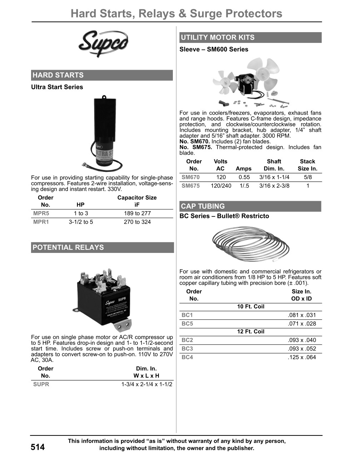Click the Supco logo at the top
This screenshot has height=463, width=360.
tap(103, 44)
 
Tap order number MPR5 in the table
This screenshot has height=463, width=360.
tap(41, 213)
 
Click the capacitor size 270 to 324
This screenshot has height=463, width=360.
tap(137, 222)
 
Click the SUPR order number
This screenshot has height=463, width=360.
tap(41, 384)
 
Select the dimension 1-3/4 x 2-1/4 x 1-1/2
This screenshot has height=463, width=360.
tap(147, 384)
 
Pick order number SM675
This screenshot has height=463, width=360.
tap(191, 186)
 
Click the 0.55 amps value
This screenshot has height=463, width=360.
tap(244, 177)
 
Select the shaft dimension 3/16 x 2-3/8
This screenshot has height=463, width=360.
tap(274, 186)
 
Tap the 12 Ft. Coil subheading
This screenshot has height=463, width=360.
tap(251, 332)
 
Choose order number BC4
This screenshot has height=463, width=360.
tap(187, 357)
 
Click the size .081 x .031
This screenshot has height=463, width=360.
tap(302, 315)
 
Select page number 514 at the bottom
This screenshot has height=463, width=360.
tap(38, 447)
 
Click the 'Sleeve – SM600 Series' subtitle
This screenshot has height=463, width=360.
tap(214, 49)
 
